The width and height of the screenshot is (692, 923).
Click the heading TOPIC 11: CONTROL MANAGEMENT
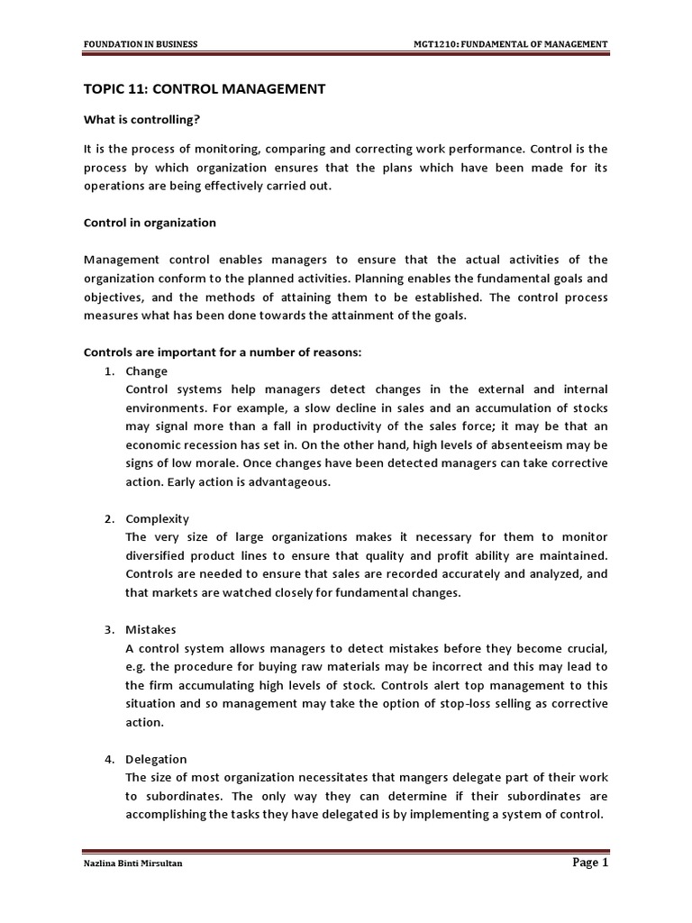pyautogui.click(x=205, y=88)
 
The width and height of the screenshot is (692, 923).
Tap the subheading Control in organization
pyautogui.click(x=150, y=222)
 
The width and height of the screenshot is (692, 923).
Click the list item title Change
pyautogui.click(x=146, y=371)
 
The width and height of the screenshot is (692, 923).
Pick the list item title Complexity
pyautogui.click(x=158, y=519)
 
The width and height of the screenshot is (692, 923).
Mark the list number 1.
pyautogui.click(x=108, y=371)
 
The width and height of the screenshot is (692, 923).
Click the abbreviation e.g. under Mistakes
pyautogui.click(x=138, y=666)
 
